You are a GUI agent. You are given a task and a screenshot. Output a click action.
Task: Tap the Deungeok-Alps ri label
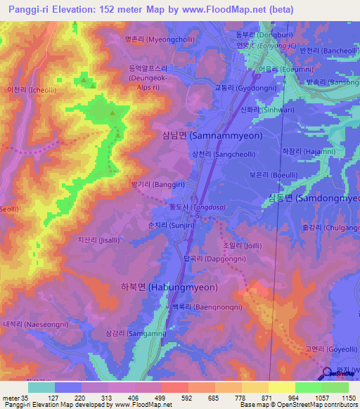pos(148,73)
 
